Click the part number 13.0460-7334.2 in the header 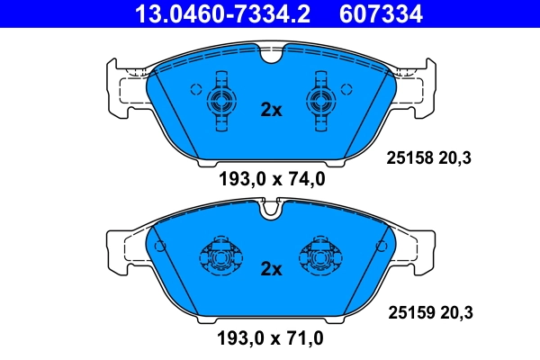pos(217,13)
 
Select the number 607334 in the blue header pos(380,13)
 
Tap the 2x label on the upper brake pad pos(271,110)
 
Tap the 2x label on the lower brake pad pos(271,268)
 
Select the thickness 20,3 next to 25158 pos(456,158)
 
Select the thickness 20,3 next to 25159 pos(456,313)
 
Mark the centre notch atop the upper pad pos(271,57)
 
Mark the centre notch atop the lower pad pos(271,211)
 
